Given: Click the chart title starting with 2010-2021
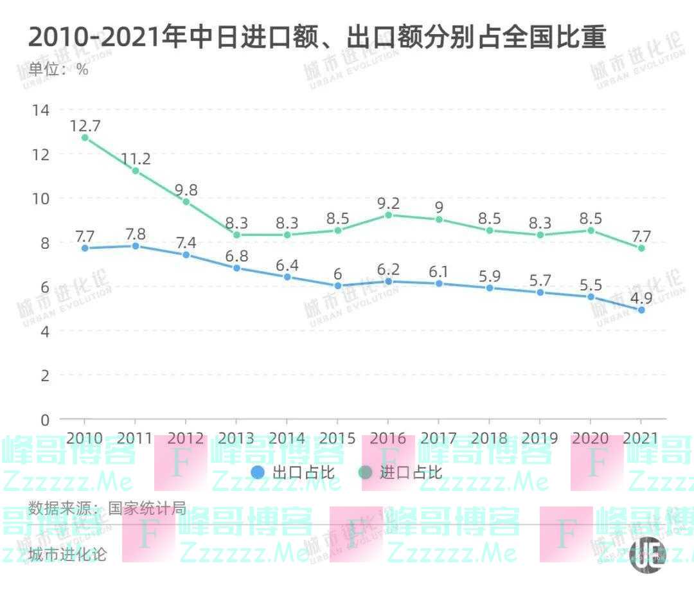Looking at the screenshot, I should tap(317, 37).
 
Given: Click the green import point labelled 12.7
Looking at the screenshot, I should tap(85, 138).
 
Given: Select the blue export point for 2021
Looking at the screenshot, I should tap(641, 310).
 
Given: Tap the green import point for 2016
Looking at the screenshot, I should tap(388, 215).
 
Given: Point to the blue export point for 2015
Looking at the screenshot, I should tap(338, 285).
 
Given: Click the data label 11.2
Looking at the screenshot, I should tap(136, 158).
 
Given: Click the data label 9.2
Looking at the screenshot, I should tap(388, 203).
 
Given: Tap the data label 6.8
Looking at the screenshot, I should tap(236, 255).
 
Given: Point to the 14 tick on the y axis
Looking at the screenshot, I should tap(40, 110).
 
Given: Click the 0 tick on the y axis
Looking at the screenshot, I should tap(44, 420).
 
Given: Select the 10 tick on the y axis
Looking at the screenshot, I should tap(40, 199).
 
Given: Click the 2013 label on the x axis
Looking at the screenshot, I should tap(236, 438).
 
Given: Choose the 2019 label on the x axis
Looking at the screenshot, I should tap(540, 438).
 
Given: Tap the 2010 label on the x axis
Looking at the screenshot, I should tap(85, 438).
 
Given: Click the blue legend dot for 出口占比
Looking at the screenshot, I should tap(258, 473).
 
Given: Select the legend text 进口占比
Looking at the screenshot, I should tap(411, 473).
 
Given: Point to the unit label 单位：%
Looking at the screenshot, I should tap(58, 70).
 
